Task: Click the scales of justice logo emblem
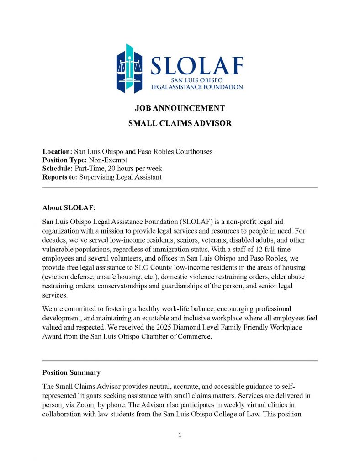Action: [x=131, y=69]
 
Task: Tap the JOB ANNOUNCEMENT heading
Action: [x=180, y=108]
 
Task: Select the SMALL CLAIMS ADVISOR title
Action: [x=180, y=123]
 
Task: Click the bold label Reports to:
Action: [x=60, y=177]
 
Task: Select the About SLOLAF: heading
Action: [x=69, y=208]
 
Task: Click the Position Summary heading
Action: [x=71, y=372]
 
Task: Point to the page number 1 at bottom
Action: [x=180, y=436]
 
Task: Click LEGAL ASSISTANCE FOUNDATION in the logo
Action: [x=197, y=87]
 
